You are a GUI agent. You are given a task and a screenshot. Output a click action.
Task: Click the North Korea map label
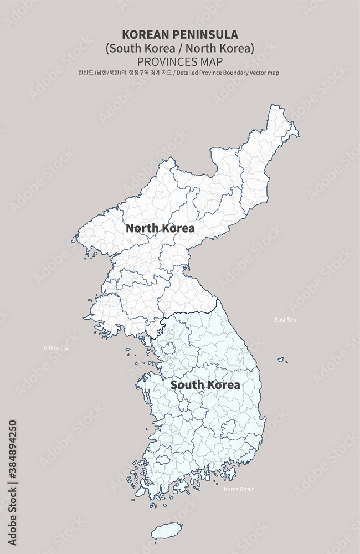160,228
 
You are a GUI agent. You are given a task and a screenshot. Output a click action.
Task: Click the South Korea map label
205,385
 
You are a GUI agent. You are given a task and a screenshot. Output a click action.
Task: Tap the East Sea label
285,320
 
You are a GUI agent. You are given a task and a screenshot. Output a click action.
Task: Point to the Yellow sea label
56,348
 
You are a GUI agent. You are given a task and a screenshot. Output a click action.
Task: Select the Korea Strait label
239,489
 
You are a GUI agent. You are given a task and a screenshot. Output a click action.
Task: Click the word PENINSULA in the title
204,35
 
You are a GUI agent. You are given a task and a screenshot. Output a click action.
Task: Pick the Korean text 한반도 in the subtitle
86,73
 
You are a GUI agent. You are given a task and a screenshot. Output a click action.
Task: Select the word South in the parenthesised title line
125,48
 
